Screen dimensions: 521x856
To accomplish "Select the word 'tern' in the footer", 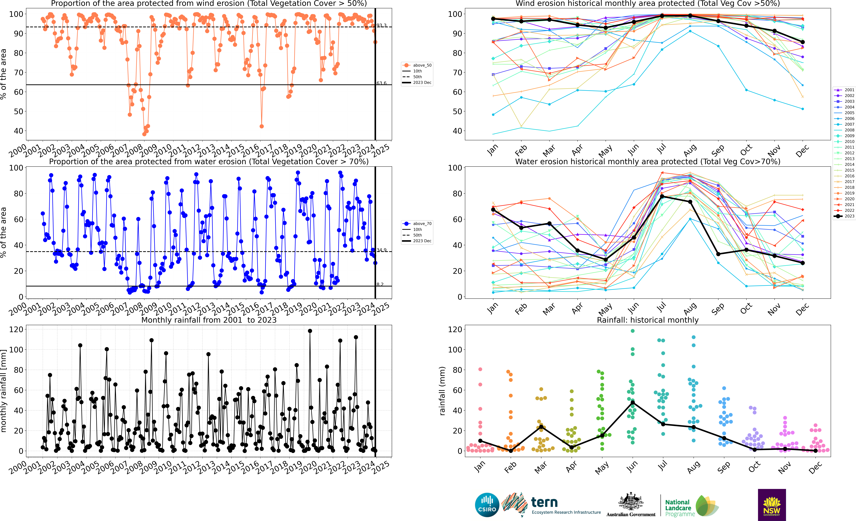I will (544, 502).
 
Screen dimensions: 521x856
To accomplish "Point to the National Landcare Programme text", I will (680, 508).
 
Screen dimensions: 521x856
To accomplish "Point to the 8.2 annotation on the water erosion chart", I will (380, 284).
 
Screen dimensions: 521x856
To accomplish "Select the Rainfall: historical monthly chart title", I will (648, 320).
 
